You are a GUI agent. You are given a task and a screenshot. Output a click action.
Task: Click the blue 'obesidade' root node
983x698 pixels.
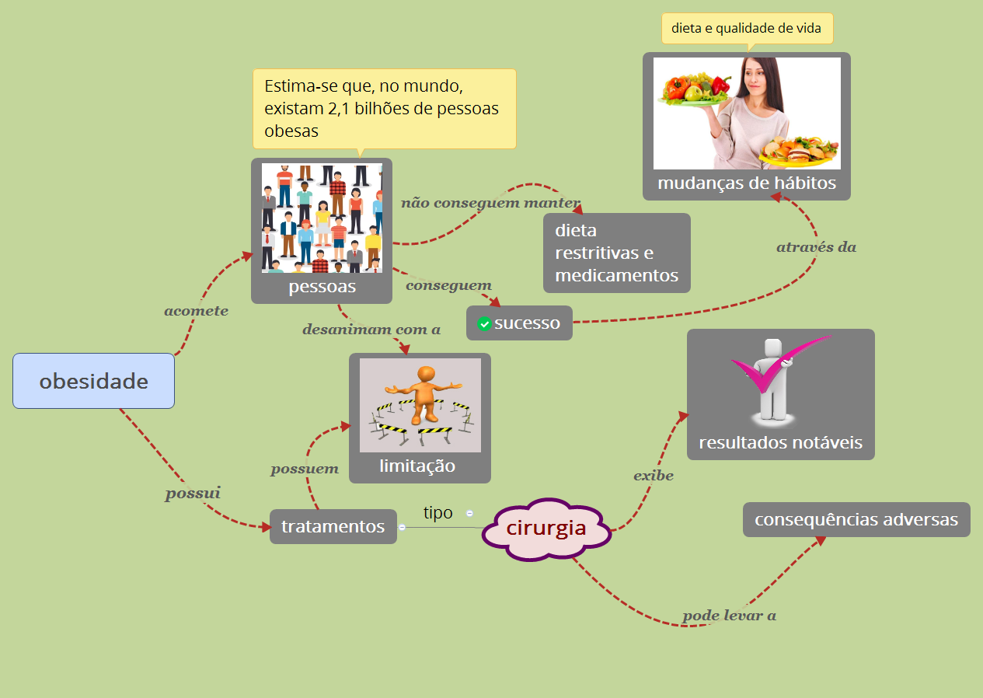point(93,381)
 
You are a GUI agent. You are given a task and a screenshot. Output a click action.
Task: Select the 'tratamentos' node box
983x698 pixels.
point(333,526)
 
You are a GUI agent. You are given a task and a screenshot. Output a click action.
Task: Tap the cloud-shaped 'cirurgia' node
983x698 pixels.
point(546,529)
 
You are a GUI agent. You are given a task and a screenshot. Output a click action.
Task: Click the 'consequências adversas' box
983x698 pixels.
point(856,519)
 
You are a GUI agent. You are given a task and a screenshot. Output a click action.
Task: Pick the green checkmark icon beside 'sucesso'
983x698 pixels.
point(484,323)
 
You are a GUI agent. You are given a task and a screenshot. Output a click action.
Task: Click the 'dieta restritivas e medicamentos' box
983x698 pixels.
point(616,253)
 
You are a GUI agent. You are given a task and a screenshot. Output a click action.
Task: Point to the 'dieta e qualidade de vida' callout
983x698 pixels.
point(746,29)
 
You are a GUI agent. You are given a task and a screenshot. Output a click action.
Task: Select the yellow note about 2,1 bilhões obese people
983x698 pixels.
point(384,108)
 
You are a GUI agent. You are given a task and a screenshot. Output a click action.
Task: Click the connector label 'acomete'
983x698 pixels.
point(196,311)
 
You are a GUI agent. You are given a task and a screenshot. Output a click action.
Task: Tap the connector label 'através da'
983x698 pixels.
point(816,247)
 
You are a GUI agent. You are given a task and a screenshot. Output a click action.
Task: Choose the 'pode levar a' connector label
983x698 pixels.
point(729,616)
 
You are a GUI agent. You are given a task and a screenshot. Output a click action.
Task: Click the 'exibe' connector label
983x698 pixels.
point(653,476)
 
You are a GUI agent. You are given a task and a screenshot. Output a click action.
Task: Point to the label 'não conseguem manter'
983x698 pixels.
point(490,204)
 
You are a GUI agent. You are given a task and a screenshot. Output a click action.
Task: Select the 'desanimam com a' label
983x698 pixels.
point(371,330)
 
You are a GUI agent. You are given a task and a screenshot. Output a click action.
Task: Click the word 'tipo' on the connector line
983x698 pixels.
point(437,513)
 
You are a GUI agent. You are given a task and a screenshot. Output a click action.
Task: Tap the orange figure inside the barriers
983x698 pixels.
point(424,393)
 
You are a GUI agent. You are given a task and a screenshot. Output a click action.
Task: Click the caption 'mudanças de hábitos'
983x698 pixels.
point(746,183)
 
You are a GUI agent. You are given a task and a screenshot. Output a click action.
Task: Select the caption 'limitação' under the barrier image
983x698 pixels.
point(417,466)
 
